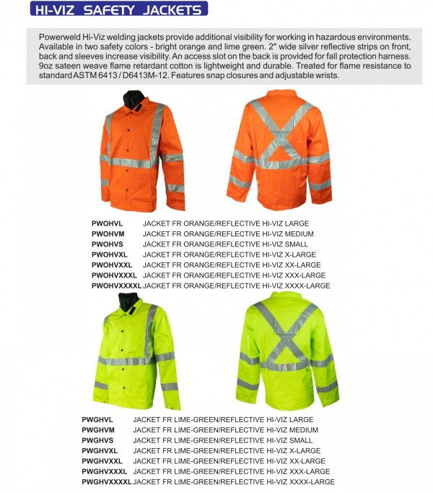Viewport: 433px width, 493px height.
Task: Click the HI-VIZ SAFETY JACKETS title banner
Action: [x=119, y=9]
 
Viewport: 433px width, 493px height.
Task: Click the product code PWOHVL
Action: [x=108, y=224]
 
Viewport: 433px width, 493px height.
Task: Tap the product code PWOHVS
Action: [x=108, y=244]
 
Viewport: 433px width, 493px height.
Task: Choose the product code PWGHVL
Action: [x=97, y=419]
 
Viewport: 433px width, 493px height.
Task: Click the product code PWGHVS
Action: [x=97, y=440]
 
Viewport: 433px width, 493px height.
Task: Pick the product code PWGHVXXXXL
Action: [x=106, y=481]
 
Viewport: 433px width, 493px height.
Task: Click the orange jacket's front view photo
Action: [x=142, y=152]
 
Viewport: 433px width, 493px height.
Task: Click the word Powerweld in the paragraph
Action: [x=61, y=37]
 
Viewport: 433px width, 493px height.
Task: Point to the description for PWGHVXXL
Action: [x=229, y=461]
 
